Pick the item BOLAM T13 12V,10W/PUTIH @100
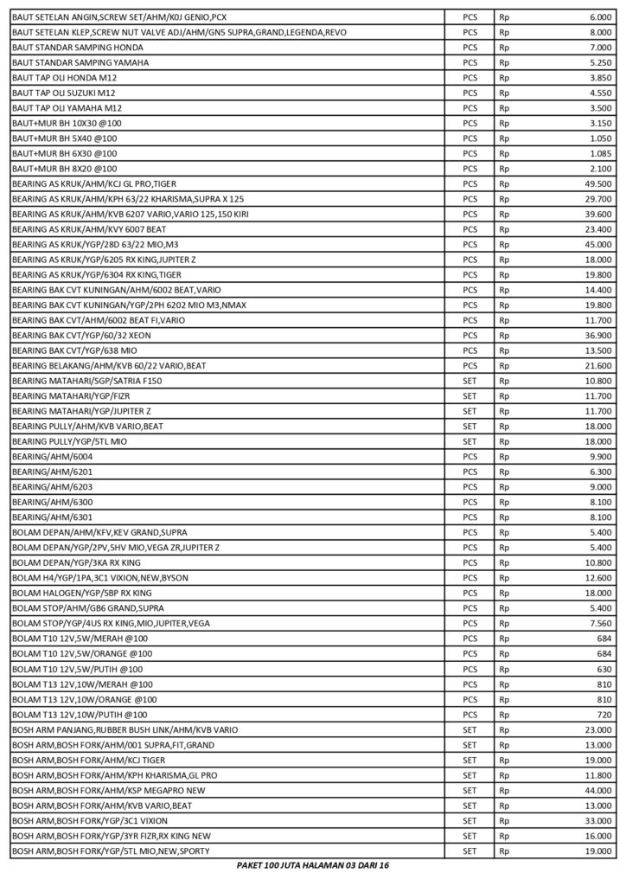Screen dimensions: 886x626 point(79,715)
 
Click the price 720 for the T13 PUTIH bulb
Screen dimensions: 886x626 point(605,715)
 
